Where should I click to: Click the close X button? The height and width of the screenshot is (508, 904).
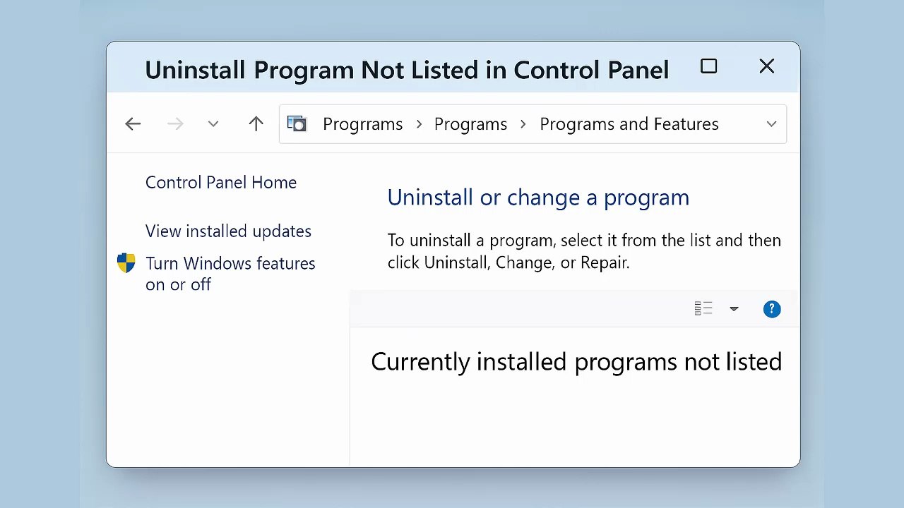click(x=766, y=66)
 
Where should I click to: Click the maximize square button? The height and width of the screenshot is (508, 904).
click(x=708, y=66)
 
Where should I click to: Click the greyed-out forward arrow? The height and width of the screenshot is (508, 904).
click(x=175, y=124)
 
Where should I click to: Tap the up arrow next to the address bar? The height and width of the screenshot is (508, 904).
click(x=256, y=124)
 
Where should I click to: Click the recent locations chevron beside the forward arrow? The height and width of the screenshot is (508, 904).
click(x=213, y=124)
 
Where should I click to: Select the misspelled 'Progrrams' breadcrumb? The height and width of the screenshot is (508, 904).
click(x=362, y=124)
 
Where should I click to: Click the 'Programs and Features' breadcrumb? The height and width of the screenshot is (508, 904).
click(x=629, y=124)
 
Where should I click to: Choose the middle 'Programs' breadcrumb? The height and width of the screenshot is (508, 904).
click(x=470, y=124)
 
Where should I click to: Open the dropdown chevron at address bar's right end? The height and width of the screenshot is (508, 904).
click(x=771, y=124)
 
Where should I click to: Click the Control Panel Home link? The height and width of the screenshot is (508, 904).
click(x=220, y=182)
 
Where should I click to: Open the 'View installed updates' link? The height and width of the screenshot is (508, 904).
click(x=228, y=231)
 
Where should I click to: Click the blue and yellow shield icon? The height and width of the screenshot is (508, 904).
click(x=126, y=263)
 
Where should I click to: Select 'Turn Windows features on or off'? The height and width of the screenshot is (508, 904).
click(x=230, y=273)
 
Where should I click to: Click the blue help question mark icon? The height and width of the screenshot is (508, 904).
click(x=772, y=309)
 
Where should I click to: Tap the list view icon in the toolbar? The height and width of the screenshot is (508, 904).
click(x=703, y=308)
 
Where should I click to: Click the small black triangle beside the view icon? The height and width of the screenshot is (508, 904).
click(x=734, y=309)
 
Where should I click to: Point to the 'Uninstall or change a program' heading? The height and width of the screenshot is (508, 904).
click(x=537, y=198)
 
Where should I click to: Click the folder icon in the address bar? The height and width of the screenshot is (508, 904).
click(x=297, y=124)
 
